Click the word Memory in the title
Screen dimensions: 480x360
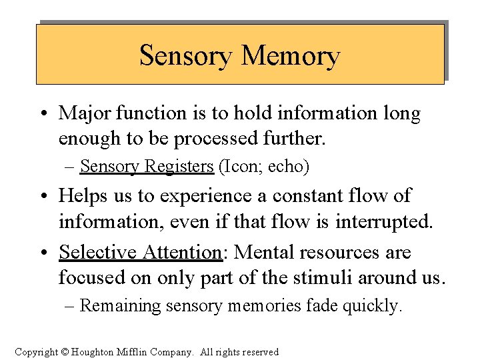tap(291, 56)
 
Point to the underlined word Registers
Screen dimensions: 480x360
tap(177, 166)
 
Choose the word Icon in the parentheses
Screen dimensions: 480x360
tap(243, 166)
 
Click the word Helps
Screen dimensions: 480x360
tap(83, 196)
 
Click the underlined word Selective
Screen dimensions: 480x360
tap(97, 253)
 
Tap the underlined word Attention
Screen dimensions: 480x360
tap(181, 253)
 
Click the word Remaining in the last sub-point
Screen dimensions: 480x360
tap(120, 306)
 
